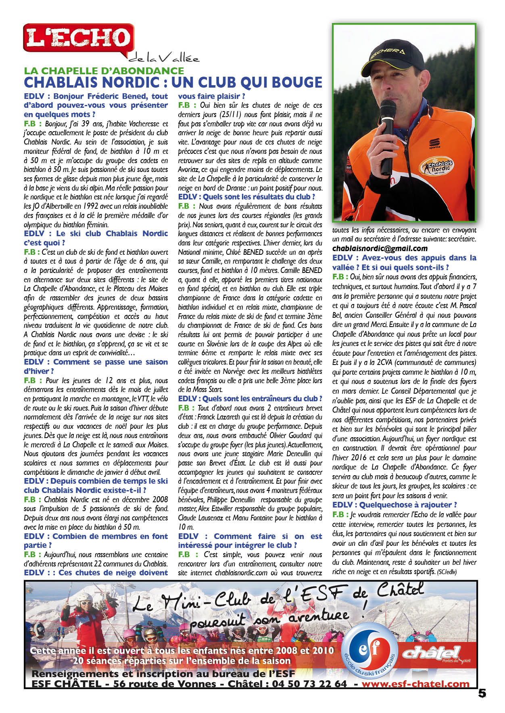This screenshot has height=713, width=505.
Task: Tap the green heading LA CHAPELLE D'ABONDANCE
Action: click(104, 71)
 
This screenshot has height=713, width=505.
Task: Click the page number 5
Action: click(482, 693)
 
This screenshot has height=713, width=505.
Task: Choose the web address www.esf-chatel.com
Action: click(415, 684)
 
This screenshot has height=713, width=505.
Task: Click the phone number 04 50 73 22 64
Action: click(309, 684)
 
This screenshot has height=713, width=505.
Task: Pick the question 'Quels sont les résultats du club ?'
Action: click(246, 197)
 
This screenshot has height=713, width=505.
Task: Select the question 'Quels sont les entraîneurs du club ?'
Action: click(250, 398)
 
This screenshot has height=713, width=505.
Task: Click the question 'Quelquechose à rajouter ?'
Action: click(394, 505)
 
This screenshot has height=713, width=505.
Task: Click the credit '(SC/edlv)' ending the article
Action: click(447, 572)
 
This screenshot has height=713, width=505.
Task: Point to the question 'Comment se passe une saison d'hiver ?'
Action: click(96, 366)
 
